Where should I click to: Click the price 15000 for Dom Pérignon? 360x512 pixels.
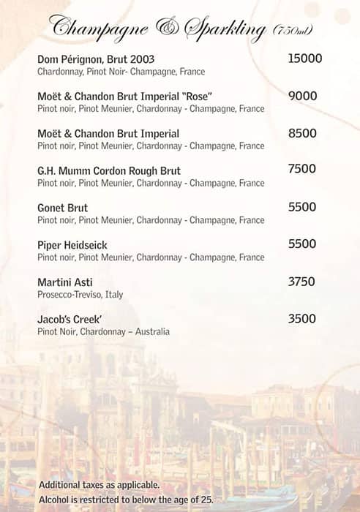coord(305,59)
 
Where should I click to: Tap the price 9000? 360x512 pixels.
coord(302,96)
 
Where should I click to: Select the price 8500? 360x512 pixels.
coord(302,133)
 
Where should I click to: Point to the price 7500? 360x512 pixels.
coord(302,170)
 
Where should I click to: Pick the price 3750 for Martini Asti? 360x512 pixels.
coord(301,282)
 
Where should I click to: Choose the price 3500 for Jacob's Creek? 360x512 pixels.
coord(301,319)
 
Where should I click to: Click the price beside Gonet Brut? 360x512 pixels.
coord(301,207)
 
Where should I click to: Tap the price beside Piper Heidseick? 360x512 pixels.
coord(301,244)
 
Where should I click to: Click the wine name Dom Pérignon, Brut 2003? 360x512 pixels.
coord(96,59)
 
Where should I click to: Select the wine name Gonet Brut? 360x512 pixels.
coord(62,208)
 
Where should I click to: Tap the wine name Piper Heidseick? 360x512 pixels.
coord(72,246)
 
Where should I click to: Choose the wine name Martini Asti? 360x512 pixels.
coord(64,282)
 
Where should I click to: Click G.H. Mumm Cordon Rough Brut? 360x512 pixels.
coord(108,171)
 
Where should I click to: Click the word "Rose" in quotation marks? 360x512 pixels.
coord(198,97)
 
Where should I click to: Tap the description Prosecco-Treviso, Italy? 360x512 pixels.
coord(80,295)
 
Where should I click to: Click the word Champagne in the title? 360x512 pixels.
coord(100,28)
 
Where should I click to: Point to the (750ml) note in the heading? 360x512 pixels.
coord(293,31)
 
